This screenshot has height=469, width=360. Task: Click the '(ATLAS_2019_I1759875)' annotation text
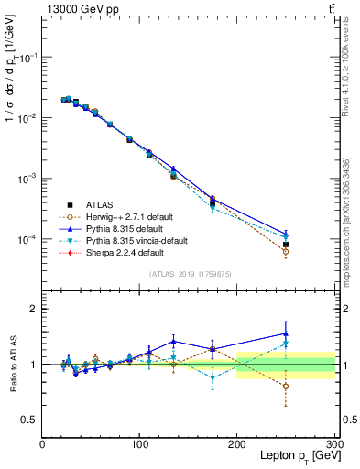188,273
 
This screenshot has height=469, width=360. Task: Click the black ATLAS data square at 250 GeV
286,245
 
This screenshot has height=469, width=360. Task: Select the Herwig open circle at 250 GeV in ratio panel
286,386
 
